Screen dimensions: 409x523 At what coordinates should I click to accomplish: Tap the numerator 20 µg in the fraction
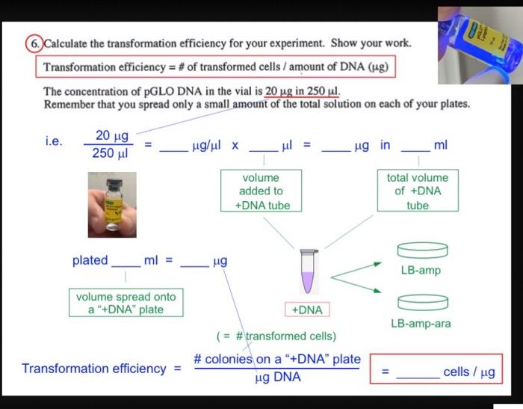point(112,136)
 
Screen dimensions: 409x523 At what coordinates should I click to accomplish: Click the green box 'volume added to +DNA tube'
point(261,191)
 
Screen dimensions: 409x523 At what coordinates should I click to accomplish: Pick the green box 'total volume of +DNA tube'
point(418,191)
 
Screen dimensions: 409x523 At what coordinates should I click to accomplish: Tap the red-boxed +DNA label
point(306,310)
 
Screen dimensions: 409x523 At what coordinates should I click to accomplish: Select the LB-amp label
point(421,270)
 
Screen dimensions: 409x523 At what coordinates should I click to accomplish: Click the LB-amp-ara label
point(421,324)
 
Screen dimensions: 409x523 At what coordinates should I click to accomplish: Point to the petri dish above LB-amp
point(421,250)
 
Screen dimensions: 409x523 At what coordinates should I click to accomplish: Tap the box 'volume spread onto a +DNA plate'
point(116,303)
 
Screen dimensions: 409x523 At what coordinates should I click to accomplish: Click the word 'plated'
point(90,261)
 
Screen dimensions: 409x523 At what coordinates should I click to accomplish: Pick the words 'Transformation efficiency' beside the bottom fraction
point(94,369)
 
